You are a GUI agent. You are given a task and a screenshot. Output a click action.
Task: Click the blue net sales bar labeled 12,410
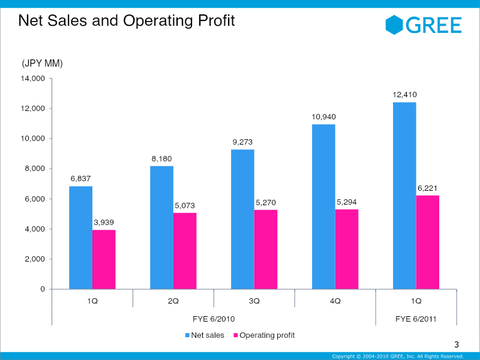404,196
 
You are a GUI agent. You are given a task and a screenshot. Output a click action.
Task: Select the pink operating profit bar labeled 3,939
104,259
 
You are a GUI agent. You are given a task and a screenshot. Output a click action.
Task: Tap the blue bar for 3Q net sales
242,219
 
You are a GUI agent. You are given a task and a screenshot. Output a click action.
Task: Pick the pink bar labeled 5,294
347,249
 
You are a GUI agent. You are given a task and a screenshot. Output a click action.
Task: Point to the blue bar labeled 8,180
161,227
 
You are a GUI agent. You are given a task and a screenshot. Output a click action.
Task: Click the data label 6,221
427,188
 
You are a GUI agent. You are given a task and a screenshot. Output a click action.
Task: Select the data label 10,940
323,117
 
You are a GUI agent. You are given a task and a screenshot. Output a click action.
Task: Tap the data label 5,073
185,206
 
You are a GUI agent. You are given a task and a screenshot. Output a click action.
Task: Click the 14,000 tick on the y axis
33,79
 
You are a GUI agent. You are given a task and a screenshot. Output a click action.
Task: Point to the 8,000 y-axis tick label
35,169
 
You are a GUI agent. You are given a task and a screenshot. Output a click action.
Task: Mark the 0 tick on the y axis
43,289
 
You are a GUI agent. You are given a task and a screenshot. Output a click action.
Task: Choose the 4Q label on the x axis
335,301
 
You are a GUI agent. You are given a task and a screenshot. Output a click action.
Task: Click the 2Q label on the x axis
173,301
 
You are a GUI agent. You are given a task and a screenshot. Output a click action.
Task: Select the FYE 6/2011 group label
416,319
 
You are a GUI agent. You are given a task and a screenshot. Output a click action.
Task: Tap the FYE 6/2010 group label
214,319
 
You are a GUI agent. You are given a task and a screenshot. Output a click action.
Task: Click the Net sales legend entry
205,335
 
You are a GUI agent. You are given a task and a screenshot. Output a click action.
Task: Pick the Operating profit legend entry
264,335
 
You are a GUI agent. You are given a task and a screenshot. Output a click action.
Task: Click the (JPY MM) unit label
42,64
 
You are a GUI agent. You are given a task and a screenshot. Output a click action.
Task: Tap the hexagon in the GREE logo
394,25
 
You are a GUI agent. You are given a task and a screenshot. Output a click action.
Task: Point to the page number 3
457,344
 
